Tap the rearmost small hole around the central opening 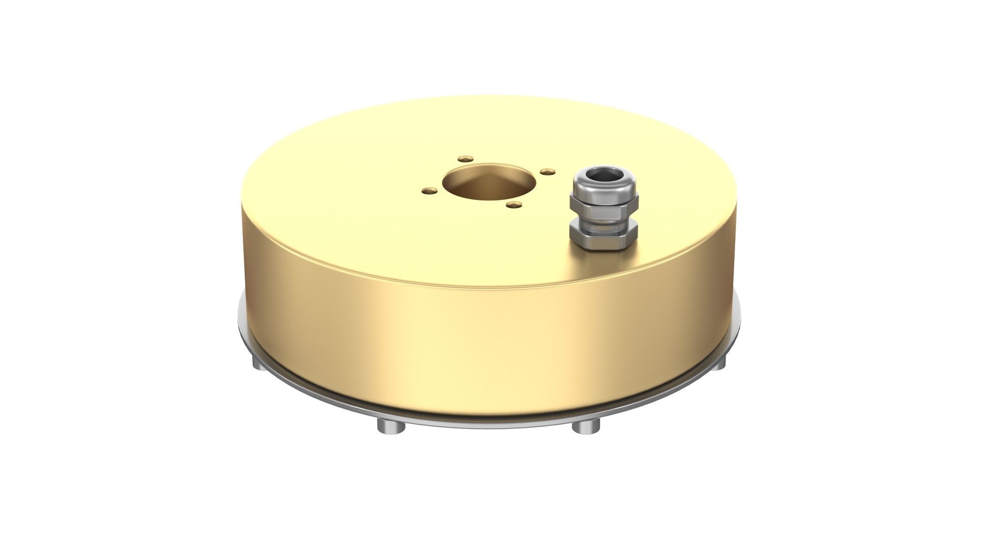[465, 159]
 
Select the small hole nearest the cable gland [545, 171]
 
